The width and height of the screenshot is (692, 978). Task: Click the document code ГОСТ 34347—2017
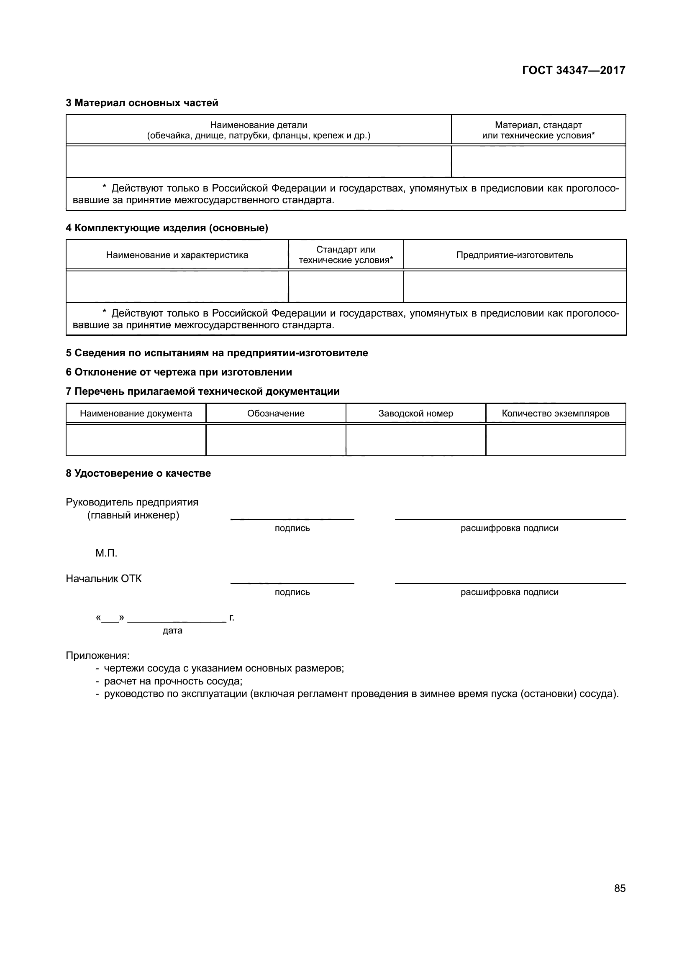point(574,70)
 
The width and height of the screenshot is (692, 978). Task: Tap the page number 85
point(620,888)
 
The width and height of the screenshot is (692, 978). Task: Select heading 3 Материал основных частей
point(142,103)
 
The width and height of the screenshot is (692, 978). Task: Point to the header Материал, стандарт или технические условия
point(538,130)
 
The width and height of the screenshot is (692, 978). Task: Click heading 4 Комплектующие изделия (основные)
point(167,228)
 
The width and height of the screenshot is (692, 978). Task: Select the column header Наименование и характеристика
point(177,255)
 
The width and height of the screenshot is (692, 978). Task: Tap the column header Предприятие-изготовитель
point(514,255)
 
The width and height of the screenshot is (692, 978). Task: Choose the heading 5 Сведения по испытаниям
point(216,353)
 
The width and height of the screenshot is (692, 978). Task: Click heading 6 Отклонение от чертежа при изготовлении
point(179,372)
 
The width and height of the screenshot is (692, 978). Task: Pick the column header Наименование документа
point(136,413)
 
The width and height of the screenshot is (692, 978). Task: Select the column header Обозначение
point(276,413)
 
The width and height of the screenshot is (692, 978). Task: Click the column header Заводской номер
point(415,413)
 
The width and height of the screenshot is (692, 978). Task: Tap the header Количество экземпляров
point(555,413)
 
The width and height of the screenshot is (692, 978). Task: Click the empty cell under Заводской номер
point(415,440)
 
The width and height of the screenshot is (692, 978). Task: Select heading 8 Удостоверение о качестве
point(138,473)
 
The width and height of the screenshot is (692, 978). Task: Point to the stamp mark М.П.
point(106,553)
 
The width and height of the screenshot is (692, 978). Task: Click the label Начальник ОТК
point(103,578)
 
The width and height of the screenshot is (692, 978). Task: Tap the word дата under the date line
point(172,631)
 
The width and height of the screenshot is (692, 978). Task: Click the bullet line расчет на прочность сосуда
point(173,681)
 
